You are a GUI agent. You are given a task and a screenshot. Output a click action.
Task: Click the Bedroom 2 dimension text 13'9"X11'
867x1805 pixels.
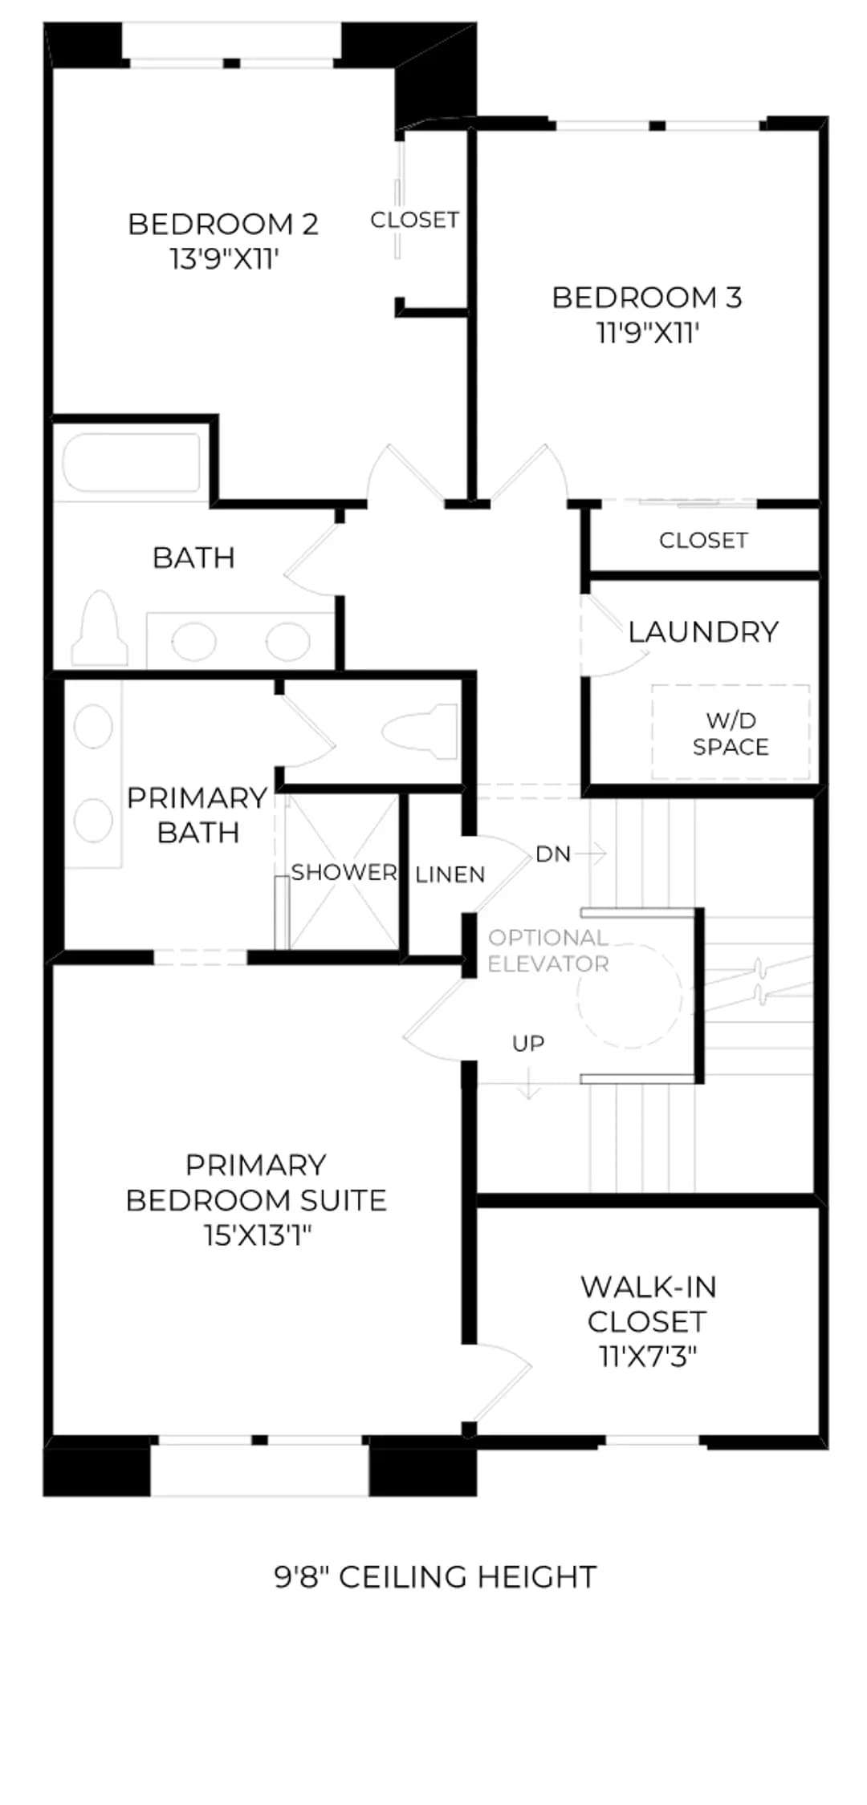pyautogui.click(x=224, y=259)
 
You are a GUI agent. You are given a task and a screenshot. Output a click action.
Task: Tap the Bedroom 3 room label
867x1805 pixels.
pyautogui.click(x=647, y=298)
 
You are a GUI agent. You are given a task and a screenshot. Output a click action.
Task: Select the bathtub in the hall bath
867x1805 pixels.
pyautogui.click(x=132, y=463)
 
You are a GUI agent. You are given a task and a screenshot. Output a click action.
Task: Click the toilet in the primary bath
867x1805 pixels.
pyautogui.click(x=420, y=731)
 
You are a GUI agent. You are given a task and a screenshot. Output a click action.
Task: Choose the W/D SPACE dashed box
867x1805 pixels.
pyautogui.click(x=730, y=732)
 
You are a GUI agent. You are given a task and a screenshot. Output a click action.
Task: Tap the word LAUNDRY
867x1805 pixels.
pyautogui.click(x=703, y=632)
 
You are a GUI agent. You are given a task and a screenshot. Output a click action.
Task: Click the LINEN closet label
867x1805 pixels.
pyautogui.click(x=450, y=874)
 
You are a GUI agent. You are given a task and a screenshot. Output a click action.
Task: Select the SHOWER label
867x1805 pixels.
pyautogui.click(x=344, y=872)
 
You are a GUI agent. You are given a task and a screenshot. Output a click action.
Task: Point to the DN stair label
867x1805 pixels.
pyautogui.click(x=553, y=854)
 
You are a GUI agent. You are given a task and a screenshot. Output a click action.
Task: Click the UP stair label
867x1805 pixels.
pyautogui.click(x=528, y=1044)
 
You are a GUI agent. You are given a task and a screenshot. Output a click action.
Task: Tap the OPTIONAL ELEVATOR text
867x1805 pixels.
pyautogui.click(x=548, y=951)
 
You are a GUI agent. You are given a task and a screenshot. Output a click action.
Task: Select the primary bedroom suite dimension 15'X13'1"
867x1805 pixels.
pyautogui.click(x=257, y=1235)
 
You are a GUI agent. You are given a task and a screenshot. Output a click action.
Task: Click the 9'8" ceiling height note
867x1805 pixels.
pyautogui.click(x=435, y=1577)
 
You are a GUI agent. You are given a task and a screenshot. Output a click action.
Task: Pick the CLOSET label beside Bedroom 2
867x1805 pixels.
pyautogui.click(x=414, y=220)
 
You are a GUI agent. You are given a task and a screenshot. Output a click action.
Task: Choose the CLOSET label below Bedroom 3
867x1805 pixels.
pyautogui.click(x=703, y=541)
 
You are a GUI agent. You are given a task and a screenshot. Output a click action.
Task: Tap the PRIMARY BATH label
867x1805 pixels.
pyautogui.click(x=197, y=815)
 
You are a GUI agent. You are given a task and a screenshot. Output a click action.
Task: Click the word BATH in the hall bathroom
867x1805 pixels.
pyautogui.click(x=193, y=558)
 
